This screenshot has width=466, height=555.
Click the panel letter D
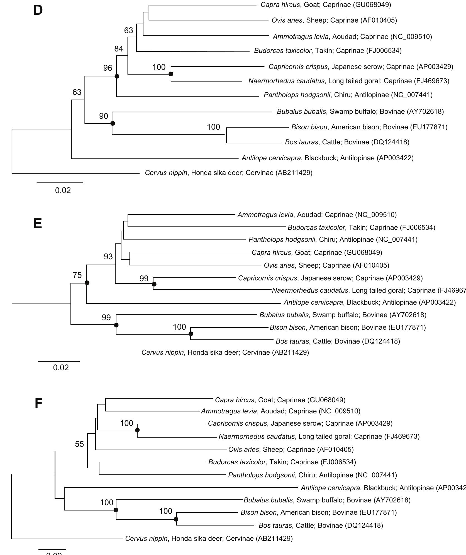38,10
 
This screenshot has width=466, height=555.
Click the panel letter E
38,223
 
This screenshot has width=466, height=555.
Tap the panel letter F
38,403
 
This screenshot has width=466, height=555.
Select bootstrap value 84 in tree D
119,49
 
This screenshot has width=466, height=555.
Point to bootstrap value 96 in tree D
108,68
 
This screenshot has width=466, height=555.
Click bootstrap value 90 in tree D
104,116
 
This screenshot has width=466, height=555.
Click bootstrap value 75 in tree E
77,275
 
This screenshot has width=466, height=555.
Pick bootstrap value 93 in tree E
108,256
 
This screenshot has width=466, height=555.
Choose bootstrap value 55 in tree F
79,444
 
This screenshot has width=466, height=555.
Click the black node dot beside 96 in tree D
117,76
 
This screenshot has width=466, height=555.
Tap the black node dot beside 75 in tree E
87,283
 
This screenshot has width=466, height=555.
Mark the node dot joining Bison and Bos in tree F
176,519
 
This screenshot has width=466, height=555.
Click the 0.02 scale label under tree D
63,191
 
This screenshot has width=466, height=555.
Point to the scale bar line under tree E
59,361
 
